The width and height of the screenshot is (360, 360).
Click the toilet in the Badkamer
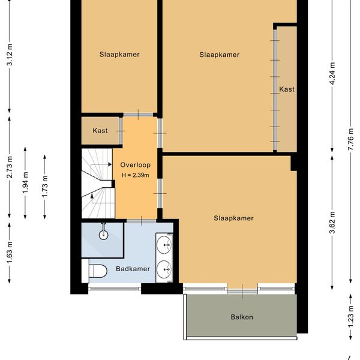tap(98, 271)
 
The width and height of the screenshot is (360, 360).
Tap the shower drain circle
tap(104, 235)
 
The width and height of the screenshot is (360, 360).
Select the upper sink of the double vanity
tap(164, 245)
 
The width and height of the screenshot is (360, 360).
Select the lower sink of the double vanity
tap(164, 269)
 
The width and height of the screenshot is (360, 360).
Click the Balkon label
tap(242, 317)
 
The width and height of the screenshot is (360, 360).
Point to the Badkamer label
tap(133, 269)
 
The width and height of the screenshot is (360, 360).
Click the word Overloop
tap(135, 165)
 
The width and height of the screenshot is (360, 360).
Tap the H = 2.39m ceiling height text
tap(135, 175)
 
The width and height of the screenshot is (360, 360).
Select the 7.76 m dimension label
tap(350, 139)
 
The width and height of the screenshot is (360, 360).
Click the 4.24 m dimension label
tap(332, 73)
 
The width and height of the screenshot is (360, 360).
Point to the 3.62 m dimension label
tap(332, 222)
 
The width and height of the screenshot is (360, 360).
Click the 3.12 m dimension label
tap(10, 55)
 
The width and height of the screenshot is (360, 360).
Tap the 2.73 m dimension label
tap(10, 167)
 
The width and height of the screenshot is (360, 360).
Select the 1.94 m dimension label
tap(25, 182)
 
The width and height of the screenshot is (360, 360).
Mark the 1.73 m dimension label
tap(45, 186)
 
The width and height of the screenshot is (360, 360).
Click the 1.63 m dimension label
tap(10, 253)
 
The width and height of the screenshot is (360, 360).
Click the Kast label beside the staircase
tap(100, 131)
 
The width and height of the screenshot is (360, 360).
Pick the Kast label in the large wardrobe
tap(287, 89)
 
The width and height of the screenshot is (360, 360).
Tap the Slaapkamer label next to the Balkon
tap(233, 218)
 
